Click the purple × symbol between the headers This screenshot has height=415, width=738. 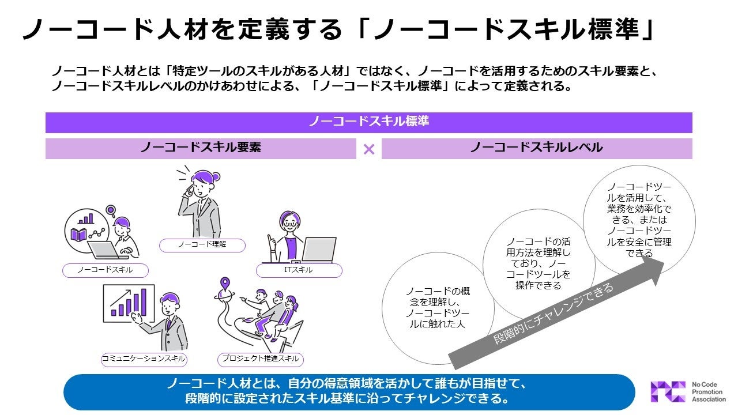369,149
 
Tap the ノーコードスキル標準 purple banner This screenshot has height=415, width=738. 368,122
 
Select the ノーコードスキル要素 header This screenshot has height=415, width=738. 201,148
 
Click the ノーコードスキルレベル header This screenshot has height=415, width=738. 536,148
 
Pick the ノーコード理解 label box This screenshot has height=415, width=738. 202,245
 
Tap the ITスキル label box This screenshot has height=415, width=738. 299,270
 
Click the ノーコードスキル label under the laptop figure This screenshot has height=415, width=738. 105,270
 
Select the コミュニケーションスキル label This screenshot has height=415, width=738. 144,359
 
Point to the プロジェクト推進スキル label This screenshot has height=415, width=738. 261,359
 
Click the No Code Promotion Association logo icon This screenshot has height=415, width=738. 668,392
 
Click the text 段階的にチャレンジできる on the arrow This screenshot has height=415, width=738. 553,315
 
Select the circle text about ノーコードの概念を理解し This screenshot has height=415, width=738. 437,307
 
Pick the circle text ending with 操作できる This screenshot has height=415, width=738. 538,263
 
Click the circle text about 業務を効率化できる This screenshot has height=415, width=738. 639,220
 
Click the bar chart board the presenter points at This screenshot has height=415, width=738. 127,303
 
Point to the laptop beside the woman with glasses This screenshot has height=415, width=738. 318,250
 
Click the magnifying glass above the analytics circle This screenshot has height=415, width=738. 111,212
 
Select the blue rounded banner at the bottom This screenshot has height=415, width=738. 349,391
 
